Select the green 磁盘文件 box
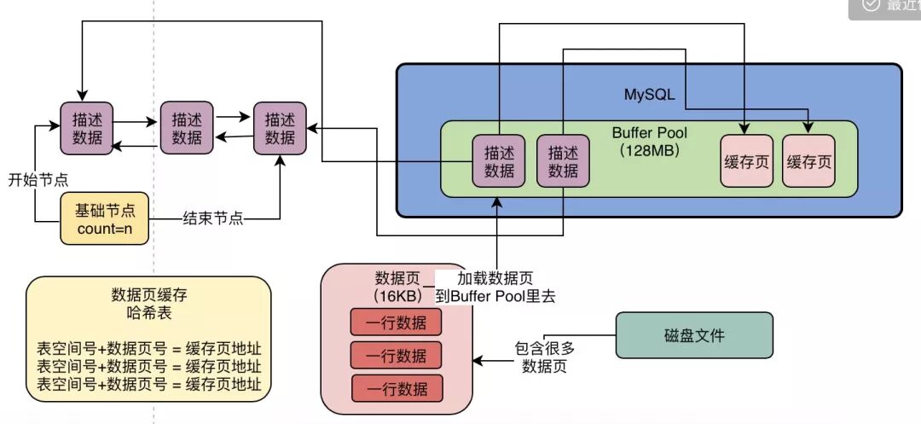(694, 334)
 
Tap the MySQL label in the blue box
(649, 94)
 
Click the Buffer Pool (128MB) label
(649, 142)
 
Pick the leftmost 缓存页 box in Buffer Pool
(746, 161)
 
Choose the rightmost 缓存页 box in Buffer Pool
(808, 161)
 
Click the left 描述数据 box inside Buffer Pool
(499, 161)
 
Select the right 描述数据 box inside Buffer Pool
(563, 161)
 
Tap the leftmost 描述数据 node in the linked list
(86, 129)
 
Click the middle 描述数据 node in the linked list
(186, 128)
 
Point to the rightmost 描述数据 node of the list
(280, 128)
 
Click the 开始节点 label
(38, 180)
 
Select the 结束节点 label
(213, 218)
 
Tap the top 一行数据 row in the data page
(397, 322)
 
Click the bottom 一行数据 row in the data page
(397, 388)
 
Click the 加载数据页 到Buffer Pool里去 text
(496, 287)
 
